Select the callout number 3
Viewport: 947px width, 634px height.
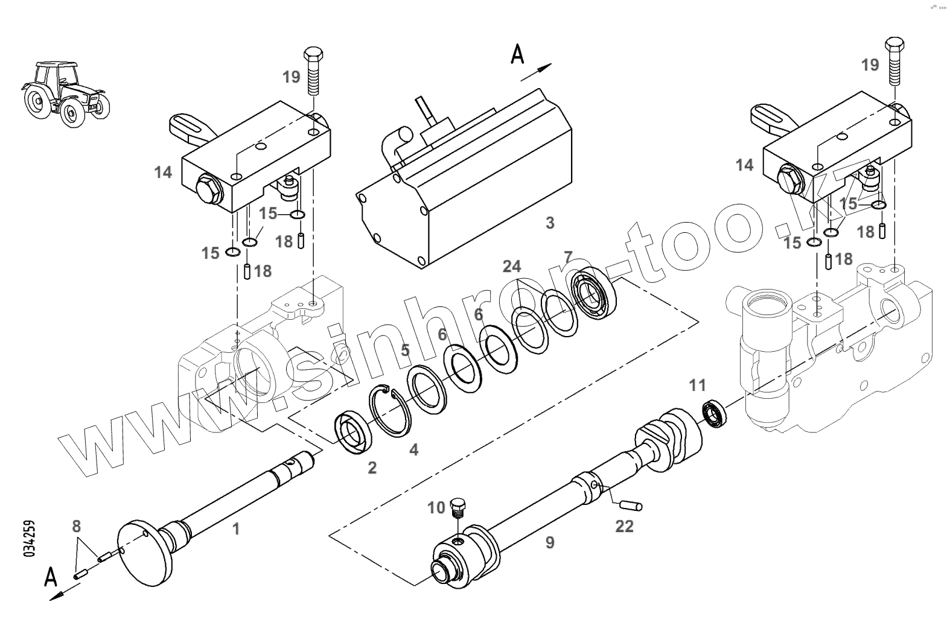click(x=549, y=223)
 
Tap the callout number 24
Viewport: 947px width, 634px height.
click(x=512, y=266)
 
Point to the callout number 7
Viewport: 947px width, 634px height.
click(x=567, y=257)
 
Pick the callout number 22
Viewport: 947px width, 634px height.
click(x=624, y=526)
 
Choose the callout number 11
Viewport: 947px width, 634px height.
click(x=697, y=385)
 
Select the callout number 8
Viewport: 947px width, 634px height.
click(x=76, y=527)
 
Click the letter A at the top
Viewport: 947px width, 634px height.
click(x=517, y=55)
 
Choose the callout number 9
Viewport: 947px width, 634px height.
click(x=549, y=543)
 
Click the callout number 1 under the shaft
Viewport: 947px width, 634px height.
click(x=236, y=529)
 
